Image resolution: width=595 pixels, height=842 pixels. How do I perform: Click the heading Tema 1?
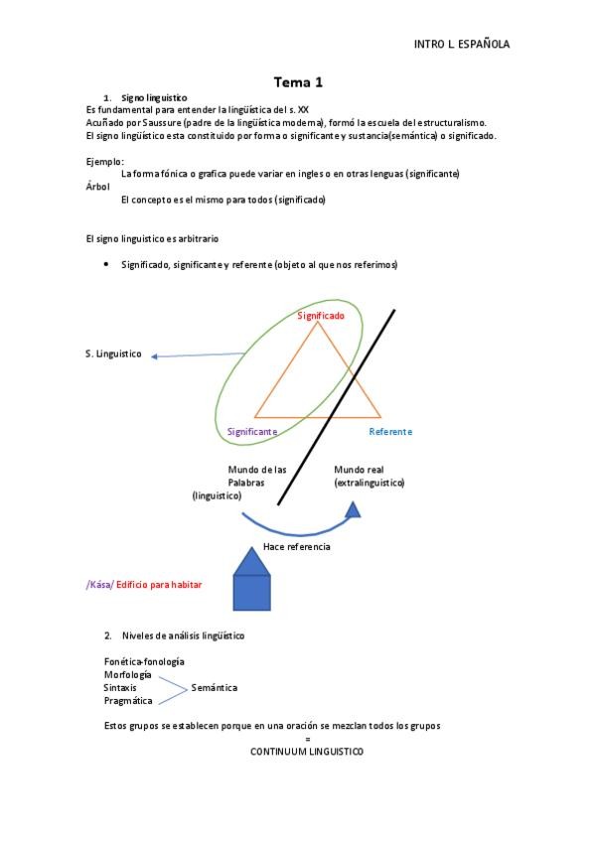[x=298, y=82]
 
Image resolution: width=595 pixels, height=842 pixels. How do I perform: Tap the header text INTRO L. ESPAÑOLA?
[x=461, y=45]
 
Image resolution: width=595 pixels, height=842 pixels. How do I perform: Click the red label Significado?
[x=321, y=315]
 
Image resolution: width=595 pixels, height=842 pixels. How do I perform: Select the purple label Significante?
[x=252, y=432]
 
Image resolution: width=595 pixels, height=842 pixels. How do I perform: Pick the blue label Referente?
[x=390, y=432]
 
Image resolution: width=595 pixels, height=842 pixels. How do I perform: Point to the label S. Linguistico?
[x=113, y=353]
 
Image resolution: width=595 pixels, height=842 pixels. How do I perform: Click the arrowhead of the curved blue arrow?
[x=353, y=510]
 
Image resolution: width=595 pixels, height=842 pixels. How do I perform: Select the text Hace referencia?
[x=297, y=547]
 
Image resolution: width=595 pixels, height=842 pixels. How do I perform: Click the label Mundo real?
[x=359, y=470]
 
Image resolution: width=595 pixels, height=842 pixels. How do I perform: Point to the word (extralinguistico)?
[x=370, y=483]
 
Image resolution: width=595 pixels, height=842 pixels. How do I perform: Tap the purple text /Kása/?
[x=99, y=585]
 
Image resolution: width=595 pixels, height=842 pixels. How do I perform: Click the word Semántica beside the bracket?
[x=214, y=687]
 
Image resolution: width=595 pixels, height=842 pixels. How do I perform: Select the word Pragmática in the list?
[x=128, y=700]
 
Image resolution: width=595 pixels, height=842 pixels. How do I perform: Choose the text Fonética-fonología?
[x=144, y=661]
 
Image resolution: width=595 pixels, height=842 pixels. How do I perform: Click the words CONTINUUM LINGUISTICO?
[x=307, y=752]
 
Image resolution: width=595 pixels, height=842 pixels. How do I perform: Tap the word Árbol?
[x=98, y=186]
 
